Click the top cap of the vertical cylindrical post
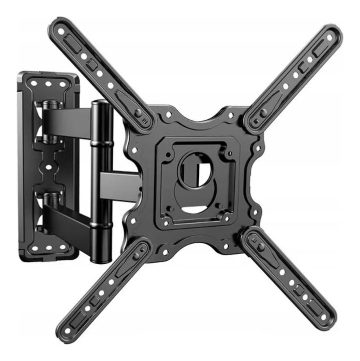102,104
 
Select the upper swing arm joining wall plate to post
70,120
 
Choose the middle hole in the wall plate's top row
49,84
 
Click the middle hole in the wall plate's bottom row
50,247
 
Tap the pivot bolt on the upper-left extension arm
137,113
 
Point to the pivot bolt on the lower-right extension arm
260,247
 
